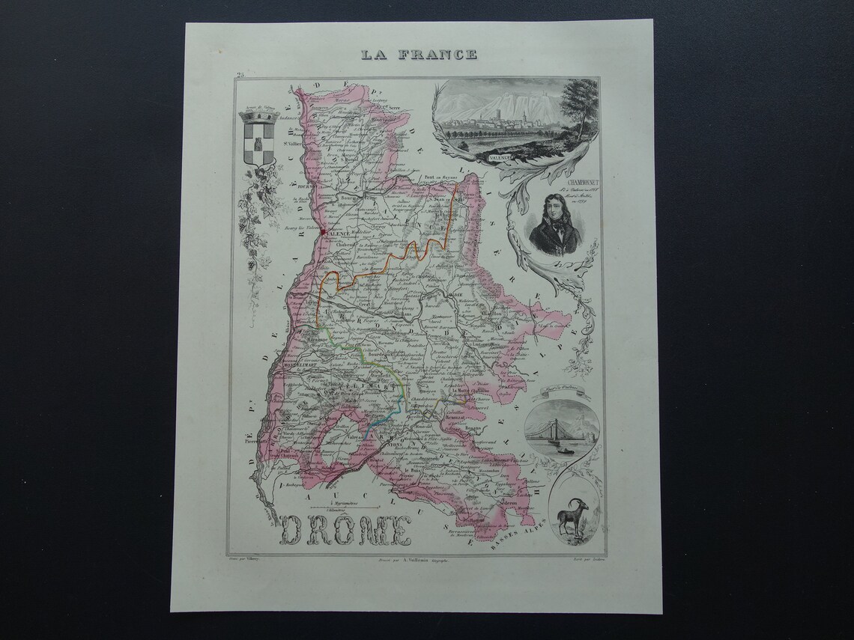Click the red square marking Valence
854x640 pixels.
coord(323,233)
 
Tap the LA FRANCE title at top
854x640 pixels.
coord(418,54)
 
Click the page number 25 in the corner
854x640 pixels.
coord(239,74)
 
